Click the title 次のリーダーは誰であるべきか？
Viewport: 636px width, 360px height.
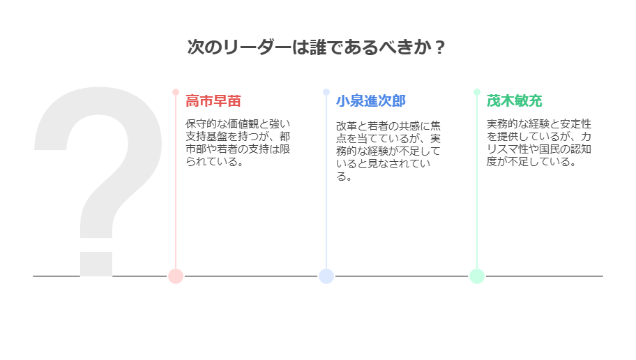[x=316, y=47]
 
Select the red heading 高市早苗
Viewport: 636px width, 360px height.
[x=213, y=101]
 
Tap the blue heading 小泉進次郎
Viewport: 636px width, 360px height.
[x=371, y=101]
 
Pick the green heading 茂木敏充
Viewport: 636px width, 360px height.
[x=515, y=101]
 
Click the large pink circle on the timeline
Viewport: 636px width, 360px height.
[x=176, y=276]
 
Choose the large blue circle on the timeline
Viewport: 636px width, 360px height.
[x=326, y=276]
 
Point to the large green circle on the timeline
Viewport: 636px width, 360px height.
[x=477, y=276]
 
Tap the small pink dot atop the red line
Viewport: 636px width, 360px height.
[x=176, y=92]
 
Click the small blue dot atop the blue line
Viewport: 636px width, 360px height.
[x=326, y=92]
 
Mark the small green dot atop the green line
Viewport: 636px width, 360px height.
[x=477, y=92]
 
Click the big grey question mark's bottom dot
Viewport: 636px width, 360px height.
[x=96, y=264]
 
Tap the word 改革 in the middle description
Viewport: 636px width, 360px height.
[x=347, y=126]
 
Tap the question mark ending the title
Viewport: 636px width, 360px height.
[x=439, y=47]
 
